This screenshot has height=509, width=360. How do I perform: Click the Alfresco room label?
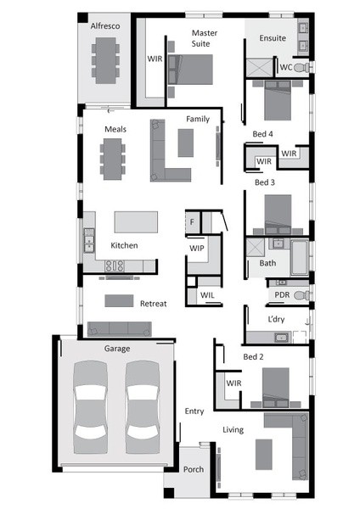tap(105, 26)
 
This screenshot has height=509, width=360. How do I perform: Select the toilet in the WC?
tap(302, 68)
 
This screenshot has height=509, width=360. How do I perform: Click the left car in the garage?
tap(90, 407)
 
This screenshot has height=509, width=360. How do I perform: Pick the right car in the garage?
tap(143, 407)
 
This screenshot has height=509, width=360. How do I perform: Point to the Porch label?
tap(194, 469)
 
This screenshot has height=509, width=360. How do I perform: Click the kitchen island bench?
tap(136, 222)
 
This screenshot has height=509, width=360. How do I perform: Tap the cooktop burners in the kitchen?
tap(115, 266)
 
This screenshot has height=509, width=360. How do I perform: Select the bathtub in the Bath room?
tap(299, 257)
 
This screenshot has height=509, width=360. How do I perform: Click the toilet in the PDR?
tap(302, 295)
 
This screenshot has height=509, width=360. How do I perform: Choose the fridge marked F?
tap(192, 222)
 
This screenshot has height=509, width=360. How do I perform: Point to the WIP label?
tap(197, 249)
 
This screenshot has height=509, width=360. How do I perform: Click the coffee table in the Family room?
tap(186, 143)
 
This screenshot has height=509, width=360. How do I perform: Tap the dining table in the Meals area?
tap(112, 159)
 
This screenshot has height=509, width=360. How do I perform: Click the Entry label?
tap(194, 411)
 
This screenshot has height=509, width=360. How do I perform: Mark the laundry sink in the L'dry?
tap(281, 338)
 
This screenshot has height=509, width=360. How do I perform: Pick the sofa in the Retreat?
tap(119, 329)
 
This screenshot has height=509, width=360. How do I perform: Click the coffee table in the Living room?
tap(264, 455)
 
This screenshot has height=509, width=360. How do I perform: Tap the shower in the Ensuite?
tap(259, 68)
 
